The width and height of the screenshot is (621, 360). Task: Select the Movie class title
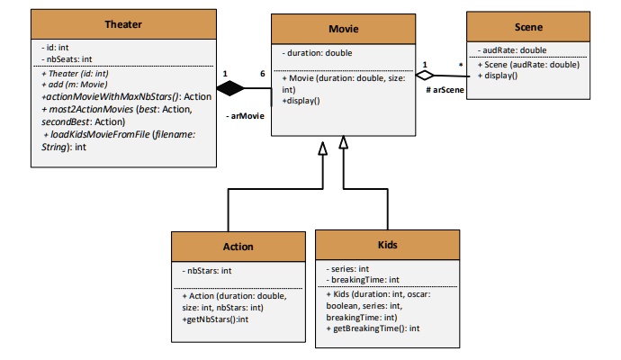pyautogui.click(x=343, y=29)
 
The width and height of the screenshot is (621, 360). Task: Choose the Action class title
pyautogui.click(x=238, y=246)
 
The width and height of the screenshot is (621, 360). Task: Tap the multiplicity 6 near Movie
pyautogui.click(x=262, y=73)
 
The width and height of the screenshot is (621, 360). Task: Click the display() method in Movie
pyautogui.click(x=302, y=101)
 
